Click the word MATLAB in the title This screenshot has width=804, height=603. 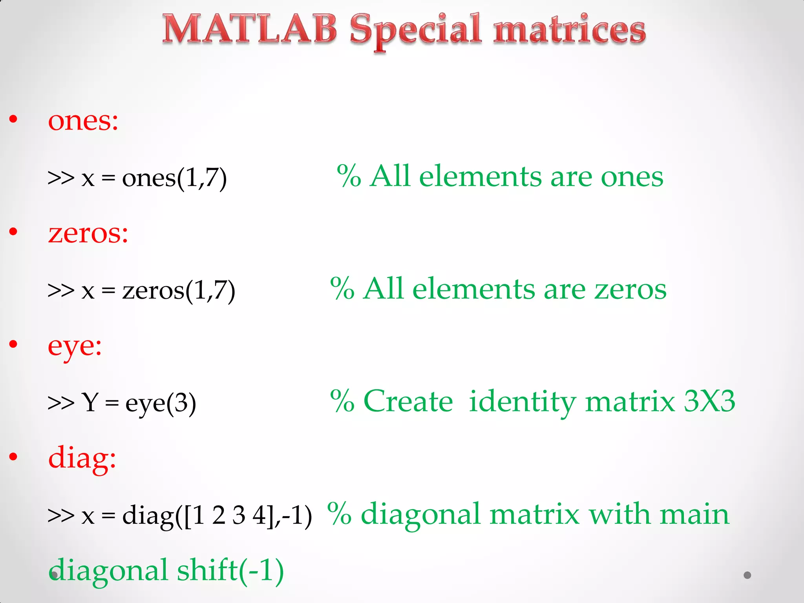pyautogui.click(x=250, y=29)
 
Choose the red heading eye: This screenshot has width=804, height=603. pyautogui.click(x=75, y=347)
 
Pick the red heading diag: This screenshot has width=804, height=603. pyautogui.click(x=82, y=458)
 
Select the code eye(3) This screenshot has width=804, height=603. pyautogui.click(x=161, y=403)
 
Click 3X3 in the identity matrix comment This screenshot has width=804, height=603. pyautogui.click(x=709, y=401)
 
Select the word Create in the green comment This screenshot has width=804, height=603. pyautogui.click(x=408, y=401)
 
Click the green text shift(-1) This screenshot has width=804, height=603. pyautogui.click(x=230, y=570)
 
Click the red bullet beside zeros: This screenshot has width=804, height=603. pyautogui.click(x=13, y=232)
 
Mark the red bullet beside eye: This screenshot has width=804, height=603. pyautogui.click(x=13, y=344)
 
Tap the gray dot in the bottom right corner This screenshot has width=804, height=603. pyautogui.click(x=747, y=575)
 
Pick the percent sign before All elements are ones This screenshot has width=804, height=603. pyautogui.click(x=349, y=176)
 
